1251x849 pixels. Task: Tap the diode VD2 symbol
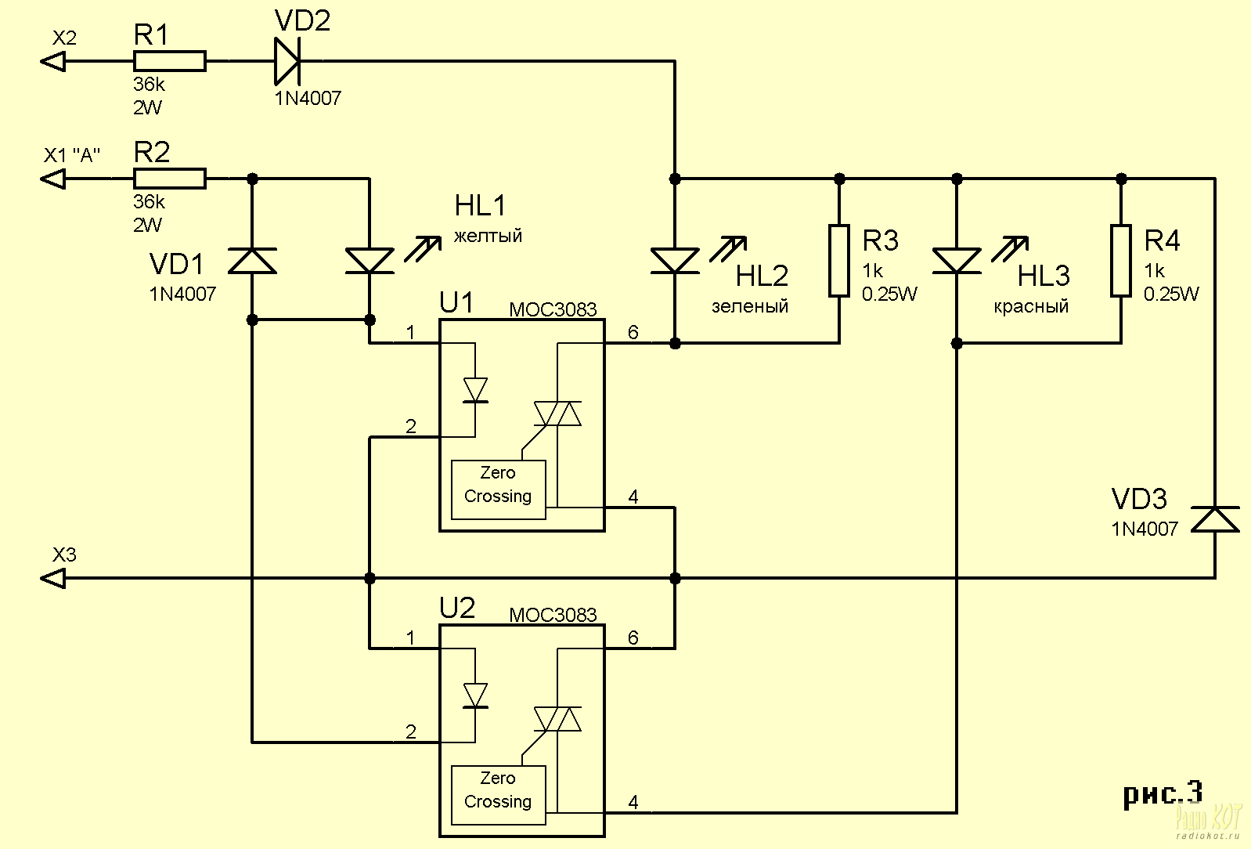click(287, 61)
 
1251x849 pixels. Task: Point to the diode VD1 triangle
click(252, 261)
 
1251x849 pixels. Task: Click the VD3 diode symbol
click(1215, 519)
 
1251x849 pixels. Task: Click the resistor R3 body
click(839, 261)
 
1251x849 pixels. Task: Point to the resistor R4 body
click(1121, 261)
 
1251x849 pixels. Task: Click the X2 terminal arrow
click(53, 61)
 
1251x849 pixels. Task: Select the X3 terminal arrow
click(53, 578)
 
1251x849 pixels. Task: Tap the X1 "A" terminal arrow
click(53, 179)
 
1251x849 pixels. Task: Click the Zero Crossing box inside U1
click(498, 490)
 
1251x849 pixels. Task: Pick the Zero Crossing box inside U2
click(498, 795)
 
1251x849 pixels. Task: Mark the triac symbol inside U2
click(557, 719)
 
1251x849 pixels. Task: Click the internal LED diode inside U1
click(475, 390)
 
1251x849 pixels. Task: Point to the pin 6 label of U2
click(633, 638)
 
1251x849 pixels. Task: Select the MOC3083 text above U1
click(553, 309)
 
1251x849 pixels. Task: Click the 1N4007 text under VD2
click(308, 99)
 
